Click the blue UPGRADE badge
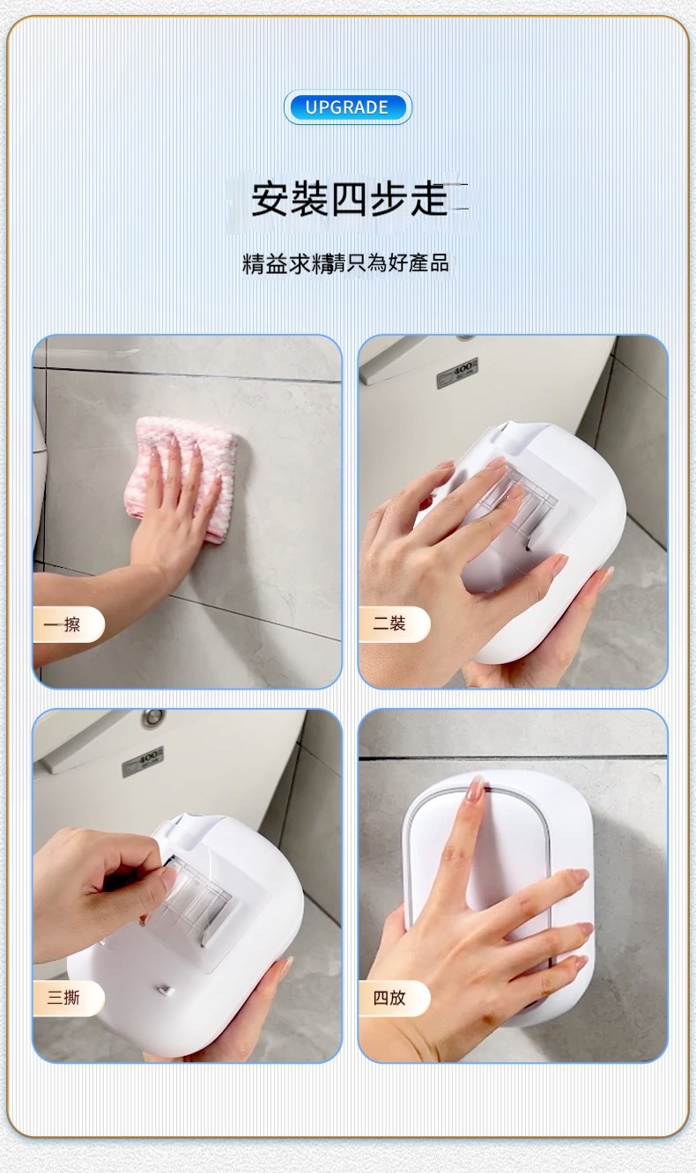(348, 107)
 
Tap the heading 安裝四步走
(349, 200)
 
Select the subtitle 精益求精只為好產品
(345, 263)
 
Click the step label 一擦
(62, 624)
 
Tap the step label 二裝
(389, 623)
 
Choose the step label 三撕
(63, 998)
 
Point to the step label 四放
(389, 998)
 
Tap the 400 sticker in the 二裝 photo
(457, 373)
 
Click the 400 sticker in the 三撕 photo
(143, 761)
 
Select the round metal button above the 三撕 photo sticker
(152, 717)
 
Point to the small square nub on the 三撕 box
(166, 991)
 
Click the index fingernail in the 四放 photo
(476, 792)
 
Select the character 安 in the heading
(270, 200)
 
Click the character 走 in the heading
(429, 200)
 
